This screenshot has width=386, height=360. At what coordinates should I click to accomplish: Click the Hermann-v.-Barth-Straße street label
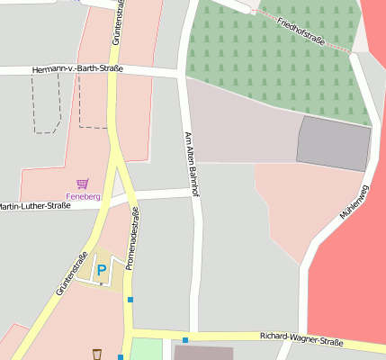(76, 68)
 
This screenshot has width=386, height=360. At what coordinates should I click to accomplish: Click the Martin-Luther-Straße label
(34, 207)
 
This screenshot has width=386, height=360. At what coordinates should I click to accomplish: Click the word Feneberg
(83, 196)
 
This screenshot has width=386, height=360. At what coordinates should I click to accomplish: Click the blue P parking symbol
(102, 269)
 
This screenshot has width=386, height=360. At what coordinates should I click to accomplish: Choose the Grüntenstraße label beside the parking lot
(74, 271)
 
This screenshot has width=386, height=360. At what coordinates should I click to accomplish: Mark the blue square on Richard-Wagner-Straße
(185, 340)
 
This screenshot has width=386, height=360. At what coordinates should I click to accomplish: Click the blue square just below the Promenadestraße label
(130, 300)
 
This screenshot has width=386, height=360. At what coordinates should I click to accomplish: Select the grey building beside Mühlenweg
(333, 142)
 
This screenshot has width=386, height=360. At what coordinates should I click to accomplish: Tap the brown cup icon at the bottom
(96, 354)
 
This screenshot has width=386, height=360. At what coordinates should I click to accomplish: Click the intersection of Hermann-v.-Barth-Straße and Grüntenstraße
(113, 71)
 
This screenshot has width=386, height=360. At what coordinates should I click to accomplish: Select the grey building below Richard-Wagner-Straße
(203, 354)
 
